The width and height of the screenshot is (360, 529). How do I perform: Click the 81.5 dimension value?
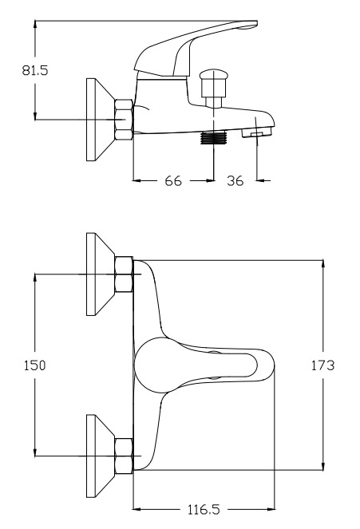[x=35, y=70]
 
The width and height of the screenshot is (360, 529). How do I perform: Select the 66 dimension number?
[x=173, y=181]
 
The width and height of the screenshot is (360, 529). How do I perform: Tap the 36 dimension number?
[x=235, y=181]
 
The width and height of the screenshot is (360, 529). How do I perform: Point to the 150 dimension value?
[x=34, y=365]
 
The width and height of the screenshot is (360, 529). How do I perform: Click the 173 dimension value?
[x=322, y=365]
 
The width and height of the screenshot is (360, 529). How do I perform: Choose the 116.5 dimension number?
[x=204, y=509]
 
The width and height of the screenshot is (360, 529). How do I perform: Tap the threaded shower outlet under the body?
[x=213, y=138]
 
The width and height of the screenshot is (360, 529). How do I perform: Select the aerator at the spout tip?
[x=257, y=132]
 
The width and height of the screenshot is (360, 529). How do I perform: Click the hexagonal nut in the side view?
[x=124, y=120]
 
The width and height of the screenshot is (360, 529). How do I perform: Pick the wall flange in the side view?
[x=101, y=120]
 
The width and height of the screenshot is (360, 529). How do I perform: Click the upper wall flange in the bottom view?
[x=101, y=274]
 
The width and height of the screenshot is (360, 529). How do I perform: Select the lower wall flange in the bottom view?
[x=101, y=456]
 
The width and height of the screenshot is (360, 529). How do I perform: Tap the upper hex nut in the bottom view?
[x=124, y=274]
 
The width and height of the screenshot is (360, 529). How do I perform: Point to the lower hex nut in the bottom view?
[x=124, y=456]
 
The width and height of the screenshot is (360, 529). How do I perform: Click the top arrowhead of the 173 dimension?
[x=323, y=265]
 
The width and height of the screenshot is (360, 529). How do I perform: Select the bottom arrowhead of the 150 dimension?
[x=35, y=452]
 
